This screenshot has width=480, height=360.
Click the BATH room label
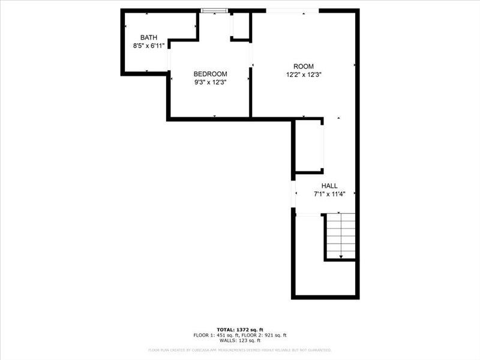[x=149, y=37]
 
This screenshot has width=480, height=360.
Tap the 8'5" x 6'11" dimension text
[x=149, y=46]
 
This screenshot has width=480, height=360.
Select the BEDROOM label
[x=210, y=74]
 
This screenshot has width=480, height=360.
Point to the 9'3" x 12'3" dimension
[x=210, y=82]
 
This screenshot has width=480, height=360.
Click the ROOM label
[x=304, y=66]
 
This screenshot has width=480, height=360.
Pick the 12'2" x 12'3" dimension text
[x=304, y=75]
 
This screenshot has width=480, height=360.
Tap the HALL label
[x=330, y=186]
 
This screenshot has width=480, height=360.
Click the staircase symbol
[x=341, y=235]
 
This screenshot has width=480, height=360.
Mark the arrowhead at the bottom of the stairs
[x=341, y=257]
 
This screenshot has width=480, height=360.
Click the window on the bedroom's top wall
[x=214, y=10]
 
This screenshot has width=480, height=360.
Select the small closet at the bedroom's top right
[x=240, y=25]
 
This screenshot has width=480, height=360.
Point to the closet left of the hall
[x=309, y=146]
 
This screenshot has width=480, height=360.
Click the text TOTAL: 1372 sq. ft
[x=239, y=330]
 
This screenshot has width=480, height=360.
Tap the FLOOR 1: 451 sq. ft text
[x=215, y=335]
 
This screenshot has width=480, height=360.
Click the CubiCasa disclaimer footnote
[x=239, y=350]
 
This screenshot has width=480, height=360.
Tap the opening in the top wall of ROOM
[x=292, y=10]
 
